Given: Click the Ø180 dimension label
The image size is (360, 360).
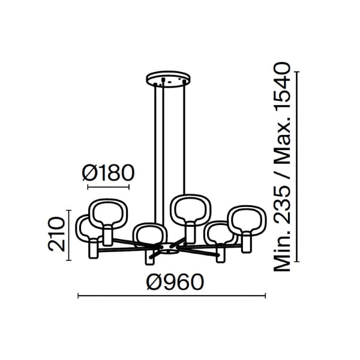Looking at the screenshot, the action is tap(108, 173).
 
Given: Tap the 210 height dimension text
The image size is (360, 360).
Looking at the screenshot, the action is tap(56, 235).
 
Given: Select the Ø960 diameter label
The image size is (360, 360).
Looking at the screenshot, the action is tap(175, 282).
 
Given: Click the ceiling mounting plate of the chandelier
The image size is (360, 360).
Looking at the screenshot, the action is tap(169, 79).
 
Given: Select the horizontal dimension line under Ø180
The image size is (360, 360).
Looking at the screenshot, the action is tap(109, 187).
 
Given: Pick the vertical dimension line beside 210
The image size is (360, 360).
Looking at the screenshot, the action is tap(68, 235).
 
